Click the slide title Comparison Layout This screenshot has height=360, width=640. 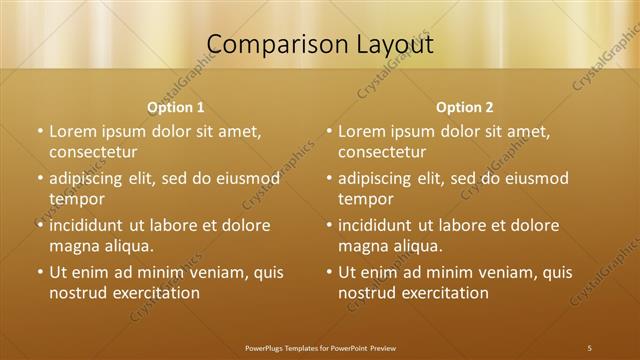(x=320, y=45)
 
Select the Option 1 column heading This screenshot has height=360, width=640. (x=176, y=107)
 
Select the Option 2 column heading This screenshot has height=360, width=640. (x=465, y=107)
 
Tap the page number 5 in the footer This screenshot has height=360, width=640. (x=589, y=347)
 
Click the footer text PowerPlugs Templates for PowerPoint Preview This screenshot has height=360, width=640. (x=320, y=347)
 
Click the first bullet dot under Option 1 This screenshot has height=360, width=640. (x=40, y=131)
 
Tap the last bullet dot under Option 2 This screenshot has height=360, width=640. (x=329, y=272)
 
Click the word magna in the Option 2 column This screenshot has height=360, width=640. (x=362, y=246)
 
